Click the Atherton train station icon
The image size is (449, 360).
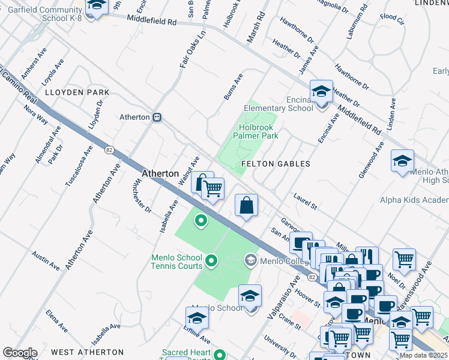[157, 117]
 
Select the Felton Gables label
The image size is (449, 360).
[276, 164]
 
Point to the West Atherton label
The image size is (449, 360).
[87, 352]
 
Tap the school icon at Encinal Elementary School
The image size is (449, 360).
[321, 92]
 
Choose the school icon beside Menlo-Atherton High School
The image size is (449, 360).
[402, 161]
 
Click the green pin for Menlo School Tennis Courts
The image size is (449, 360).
[211, 260]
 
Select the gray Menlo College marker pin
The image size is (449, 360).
[250, 260]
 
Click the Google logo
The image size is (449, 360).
[20, 353]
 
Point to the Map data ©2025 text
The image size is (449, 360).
[424, 355]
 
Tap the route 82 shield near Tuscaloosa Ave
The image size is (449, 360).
[109, 149]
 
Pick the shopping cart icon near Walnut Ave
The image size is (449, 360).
[212, 189]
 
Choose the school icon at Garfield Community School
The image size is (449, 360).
[95, 7]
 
